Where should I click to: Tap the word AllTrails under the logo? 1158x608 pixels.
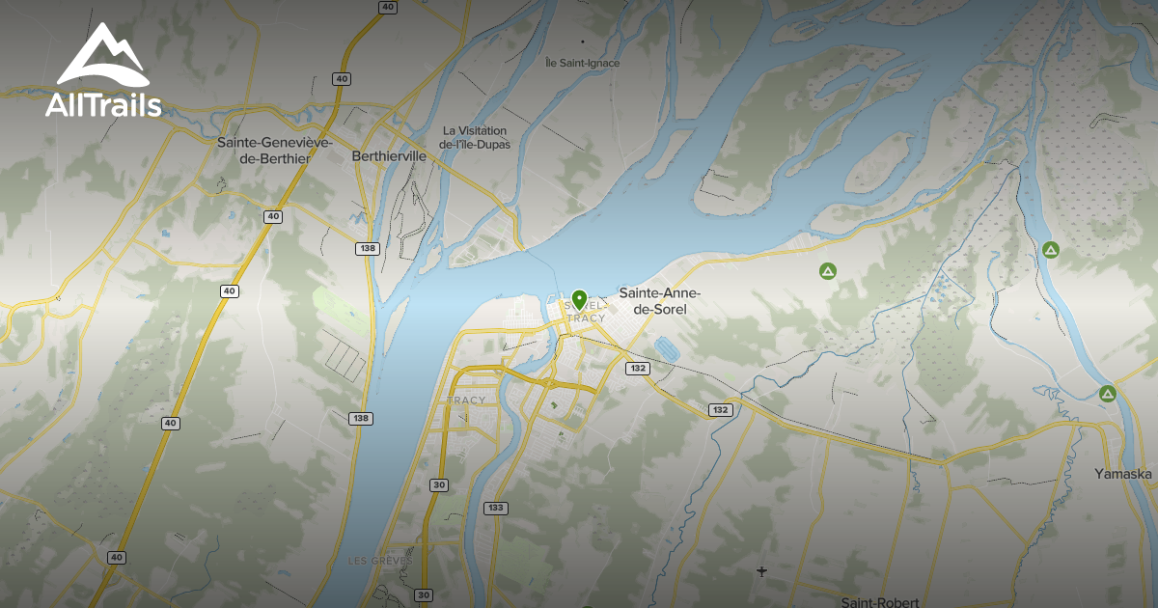[x=103, y=105]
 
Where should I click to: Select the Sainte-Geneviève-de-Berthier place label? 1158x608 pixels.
[x=275, y=151]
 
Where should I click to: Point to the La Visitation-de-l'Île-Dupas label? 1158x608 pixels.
[x=475, y=137]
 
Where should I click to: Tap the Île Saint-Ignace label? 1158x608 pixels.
[x=582, y=64]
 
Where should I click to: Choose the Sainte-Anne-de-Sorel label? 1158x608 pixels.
[x=660, y=301]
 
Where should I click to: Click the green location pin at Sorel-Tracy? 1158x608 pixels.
[x=579, y=299]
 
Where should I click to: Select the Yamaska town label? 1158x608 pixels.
[x=1123, y=474]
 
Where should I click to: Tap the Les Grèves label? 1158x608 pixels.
[x=380, y=561]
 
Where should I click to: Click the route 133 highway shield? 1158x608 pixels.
[x=496, y=508]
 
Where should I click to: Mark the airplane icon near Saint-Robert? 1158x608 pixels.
[x=762, y=572]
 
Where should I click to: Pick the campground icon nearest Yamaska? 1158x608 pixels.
[x=1108, y=394]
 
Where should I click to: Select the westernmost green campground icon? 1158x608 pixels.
[x=827, y=272]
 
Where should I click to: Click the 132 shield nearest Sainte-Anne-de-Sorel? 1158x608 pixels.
[x=637, y=369]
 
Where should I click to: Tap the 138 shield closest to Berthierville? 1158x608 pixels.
[x=366, y=249]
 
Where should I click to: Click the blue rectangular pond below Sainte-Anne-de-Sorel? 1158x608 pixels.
[x=665, y=345]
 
